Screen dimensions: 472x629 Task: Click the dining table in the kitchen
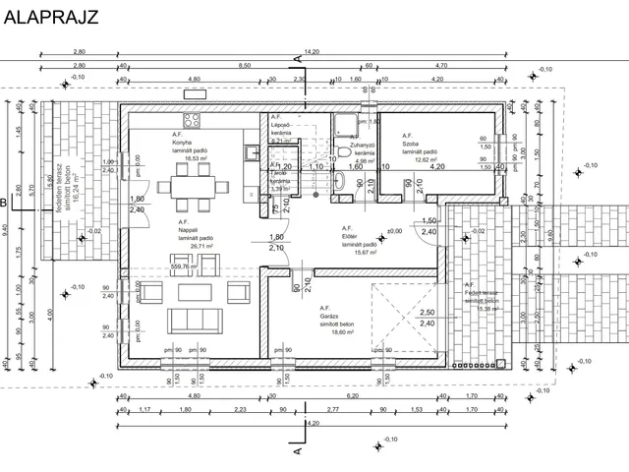tap(188, 187)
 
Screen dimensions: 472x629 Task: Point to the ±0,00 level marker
tap(395, 232)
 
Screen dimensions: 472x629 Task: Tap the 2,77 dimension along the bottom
tap(333, 408)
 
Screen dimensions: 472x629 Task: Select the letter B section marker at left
tap(5, 204)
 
